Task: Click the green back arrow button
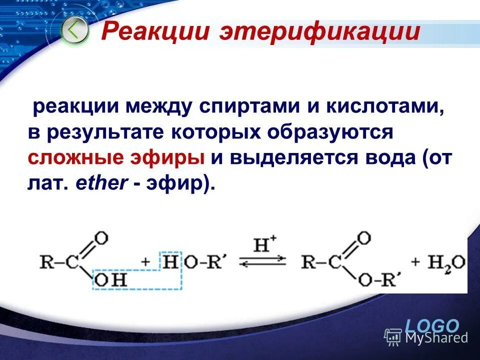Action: click(74, 30)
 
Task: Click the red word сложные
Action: click(75, 157)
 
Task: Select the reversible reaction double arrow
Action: click(263, 262)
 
